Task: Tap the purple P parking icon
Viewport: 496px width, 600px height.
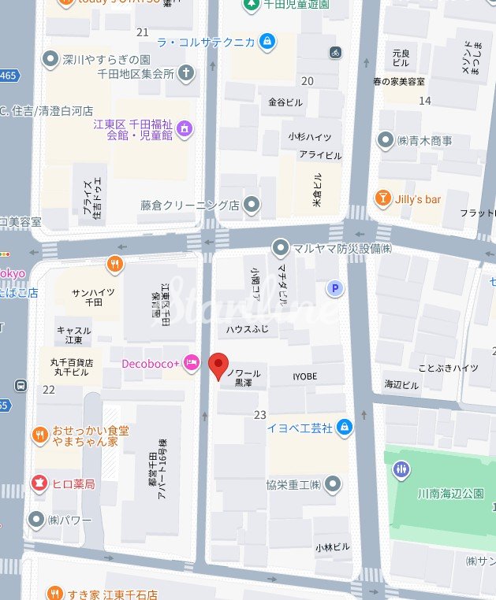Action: coord(336,289)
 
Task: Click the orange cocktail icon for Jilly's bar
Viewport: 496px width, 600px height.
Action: coord(383,199)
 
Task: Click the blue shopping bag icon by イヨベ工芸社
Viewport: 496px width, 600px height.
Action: coord(344,428)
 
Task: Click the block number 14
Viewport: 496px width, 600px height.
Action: coord(425,100)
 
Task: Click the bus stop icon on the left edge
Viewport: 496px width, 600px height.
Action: coord(21,386)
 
